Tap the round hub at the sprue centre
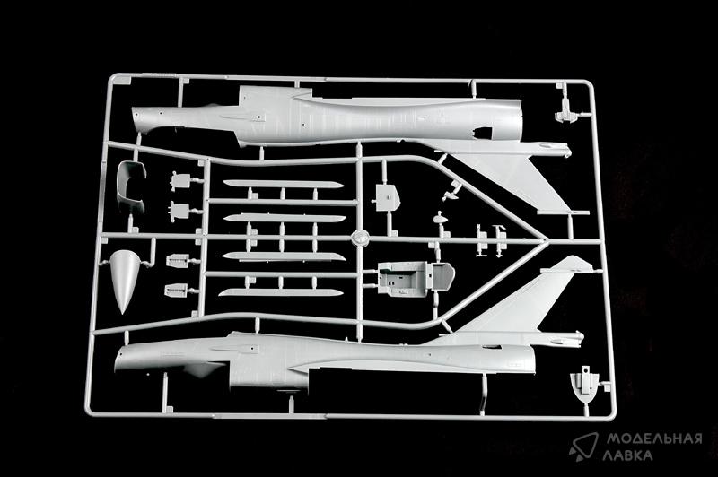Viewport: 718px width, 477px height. click(361, 238)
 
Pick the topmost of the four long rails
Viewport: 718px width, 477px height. click(283, 184)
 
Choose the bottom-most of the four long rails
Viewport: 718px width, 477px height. click(280, 292)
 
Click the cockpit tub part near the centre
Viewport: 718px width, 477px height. click(415, 277)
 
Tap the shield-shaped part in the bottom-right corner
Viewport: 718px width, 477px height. click(585, 385)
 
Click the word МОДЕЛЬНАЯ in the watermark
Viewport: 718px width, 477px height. click(654, 438)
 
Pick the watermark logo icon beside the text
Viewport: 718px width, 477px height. click(584, 447)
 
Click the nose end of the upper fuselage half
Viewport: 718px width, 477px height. click(136, 120)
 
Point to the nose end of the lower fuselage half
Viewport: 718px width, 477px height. click(120, 359)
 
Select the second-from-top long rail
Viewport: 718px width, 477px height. click(284, 218)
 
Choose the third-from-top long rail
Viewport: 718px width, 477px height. click(283, 256)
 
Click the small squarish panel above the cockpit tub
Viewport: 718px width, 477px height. click(388, 197)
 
